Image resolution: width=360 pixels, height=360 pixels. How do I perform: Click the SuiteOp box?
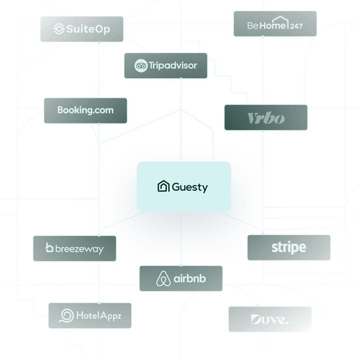82,29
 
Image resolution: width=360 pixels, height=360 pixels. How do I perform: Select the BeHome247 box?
275,24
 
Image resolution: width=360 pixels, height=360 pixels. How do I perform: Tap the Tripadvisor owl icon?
141,66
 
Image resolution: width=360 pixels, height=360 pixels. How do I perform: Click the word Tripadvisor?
173,65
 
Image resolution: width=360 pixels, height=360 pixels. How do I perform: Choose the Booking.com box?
85,110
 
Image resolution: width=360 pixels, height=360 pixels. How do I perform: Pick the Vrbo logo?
266,118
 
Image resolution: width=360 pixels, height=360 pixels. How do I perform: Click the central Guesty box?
184,187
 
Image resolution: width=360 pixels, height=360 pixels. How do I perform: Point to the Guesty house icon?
163,187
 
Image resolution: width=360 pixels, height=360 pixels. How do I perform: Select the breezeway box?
75,249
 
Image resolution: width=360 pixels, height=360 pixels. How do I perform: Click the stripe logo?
289,248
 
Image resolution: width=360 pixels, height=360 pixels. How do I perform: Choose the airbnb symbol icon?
163,279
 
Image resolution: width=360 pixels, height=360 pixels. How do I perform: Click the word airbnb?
190,279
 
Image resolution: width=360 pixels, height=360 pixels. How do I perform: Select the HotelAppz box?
90,315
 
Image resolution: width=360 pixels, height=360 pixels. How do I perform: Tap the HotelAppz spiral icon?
67,316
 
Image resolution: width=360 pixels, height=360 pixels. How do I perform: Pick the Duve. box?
270,319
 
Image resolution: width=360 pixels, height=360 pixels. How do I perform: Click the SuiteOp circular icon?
59,29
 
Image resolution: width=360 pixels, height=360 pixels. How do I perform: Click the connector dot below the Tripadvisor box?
181,79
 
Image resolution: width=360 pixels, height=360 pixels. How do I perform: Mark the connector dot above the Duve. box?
258,306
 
